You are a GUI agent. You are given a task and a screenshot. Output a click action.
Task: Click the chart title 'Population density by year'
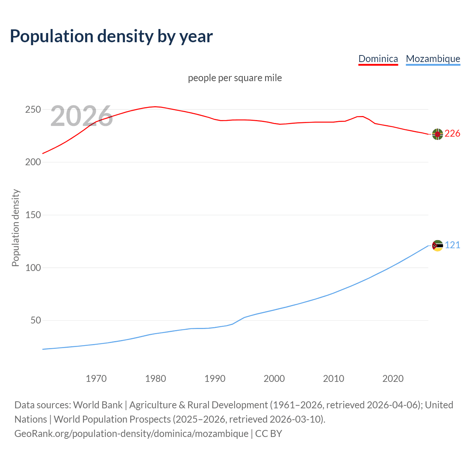click(x=111, y=36)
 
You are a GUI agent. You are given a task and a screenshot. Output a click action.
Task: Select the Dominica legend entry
click(x=378, y=59)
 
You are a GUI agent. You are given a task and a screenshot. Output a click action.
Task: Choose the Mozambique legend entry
click(x=433, y=59)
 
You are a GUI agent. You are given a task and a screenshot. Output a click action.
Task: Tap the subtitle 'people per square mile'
click(x=235, y=78)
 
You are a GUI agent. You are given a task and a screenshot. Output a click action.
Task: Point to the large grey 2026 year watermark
click(x=82, y=116)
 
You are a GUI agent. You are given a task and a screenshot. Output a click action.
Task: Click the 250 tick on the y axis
click(x=33, y=110)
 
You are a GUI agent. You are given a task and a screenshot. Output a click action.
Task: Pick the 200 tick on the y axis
click(x=33, y=162)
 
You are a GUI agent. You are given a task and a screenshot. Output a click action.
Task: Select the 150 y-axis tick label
click(x=33, y=215)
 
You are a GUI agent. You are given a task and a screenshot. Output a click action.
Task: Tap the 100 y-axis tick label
click(x=33, y=268)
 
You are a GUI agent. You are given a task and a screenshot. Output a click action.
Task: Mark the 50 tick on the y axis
click(x=36, y=321)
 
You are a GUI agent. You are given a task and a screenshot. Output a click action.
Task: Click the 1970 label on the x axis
click(x=96, y=379)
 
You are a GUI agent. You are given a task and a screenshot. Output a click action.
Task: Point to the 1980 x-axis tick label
click(x=156, y=379)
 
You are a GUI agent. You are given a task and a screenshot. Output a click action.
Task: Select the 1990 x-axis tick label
click(x=215, y=379)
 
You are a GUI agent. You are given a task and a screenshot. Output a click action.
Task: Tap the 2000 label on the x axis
click(x=274, y=379)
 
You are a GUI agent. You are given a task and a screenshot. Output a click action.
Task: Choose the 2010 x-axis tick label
click(x=333, y=379)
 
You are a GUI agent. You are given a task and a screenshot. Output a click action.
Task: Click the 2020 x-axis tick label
click(x=393, y=379)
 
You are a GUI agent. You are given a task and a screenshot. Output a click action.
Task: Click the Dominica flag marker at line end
click(x=437, y=134)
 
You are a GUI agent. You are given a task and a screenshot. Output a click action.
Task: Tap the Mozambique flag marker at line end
click(x=437, y=246)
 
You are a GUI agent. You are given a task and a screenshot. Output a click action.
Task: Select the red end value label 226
click(x=452, y=134)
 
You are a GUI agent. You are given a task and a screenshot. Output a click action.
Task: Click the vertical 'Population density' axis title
click(x=15, y=228)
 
